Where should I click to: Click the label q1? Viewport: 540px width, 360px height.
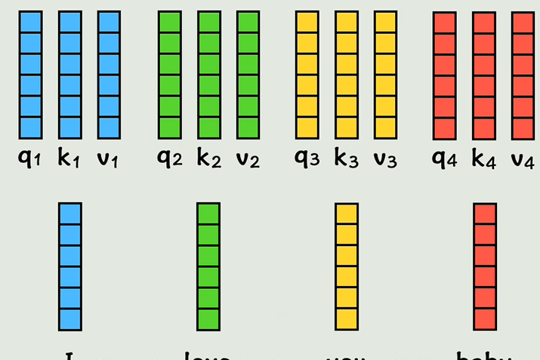(29, 159)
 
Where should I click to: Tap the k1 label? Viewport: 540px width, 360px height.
(69, 159)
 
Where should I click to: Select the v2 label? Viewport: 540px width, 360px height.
(248, 159)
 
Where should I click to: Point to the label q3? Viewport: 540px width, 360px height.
(306, 159)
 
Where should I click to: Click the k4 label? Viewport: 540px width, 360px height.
(483, 159)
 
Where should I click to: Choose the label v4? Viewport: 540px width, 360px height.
(523, 159)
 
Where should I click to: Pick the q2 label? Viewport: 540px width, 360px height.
(169, 159)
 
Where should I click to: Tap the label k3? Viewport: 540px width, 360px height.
(346, 159)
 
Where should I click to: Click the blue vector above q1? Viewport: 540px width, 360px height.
(30, 75)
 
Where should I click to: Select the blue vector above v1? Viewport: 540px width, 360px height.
(109, 75)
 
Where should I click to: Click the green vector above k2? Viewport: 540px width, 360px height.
(209, 75)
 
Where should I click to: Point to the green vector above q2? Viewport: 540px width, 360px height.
(170, 75)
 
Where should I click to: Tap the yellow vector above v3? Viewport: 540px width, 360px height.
(385, 75)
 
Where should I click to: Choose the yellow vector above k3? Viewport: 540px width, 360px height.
(346, 75)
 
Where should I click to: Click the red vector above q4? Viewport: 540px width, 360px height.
(444, 75)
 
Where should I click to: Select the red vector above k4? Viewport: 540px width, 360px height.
(483, 75)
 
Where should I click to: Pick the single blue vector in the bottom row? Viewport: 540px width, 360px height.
(69, 266)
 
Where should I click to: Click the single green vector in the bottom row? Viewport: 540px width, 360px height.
(208, 266)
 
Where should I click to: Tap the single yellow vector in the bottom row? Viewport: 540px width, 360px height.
(346, 266)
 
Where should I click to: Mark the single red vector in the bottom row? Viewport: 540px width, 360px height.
(484, 266)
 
